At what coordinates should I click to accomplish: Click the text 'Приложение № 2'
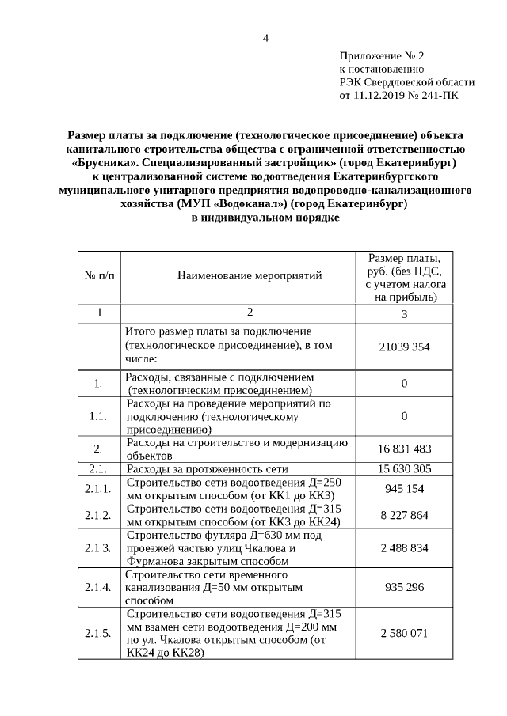click(x=382, y=56)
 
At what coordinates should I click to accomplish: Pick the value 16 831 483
click(x=404, y=449)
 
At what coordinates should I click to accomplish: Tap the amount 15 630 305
click(x=404, y=469)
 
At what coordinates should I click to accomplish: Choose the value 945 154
click(x=404, y=488)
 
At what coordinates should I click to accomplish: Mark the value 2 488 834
click(x=404, y=547)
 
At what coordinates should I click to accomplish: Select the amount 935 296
click(x=404, y=588)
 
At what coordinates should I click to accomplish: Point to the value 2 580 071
click(x=404, y=634)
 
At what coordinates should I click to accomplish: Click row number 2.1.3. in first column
click(x=99, y=547)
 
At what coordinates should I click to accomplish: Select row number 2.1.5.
click(x=99, y=634)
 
